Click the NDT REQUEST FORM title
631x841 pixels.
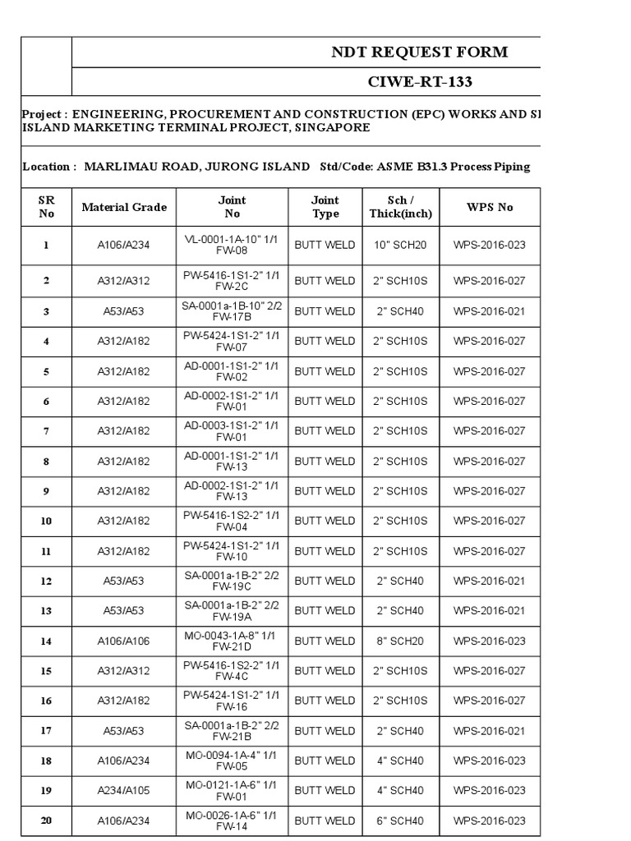[x=419, y=53]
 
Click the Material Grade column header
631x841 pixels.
[x=124, y=207]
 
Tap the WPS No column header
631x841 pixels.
[x=490, y=207]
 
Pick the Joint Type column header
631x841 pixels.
[x=325, y=207]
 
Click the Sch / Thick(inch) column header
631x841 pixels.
[x=401, y=207]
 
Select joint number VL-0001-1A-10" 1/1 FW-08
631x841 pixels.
[x=232, y=245]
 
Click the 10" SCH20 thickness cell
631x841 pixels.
[x=401, y=245]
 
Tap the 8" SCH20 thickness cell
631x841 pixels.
[x=401, y=641]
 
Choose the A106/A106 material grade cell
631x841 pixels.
[x=124, y=641]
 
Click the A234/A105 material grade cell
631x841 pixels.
[x=124, y=791]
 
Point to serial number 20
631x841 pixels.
[x=47, y=820]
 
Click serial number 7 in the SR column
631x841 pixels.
[x=47, y=431]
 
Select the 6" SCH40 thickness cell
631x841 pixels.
[x=401, y=820]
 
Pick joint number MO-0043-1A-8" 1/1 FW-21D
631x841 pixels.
[x=232, y=641]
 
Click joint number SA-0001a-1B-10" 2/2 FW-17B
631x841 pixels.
[x=232, y=311]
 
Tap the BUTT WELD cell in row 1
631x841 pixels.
[x=325, y=245]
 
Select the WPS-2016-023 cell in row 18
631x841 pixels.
[x=490, y=761]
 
